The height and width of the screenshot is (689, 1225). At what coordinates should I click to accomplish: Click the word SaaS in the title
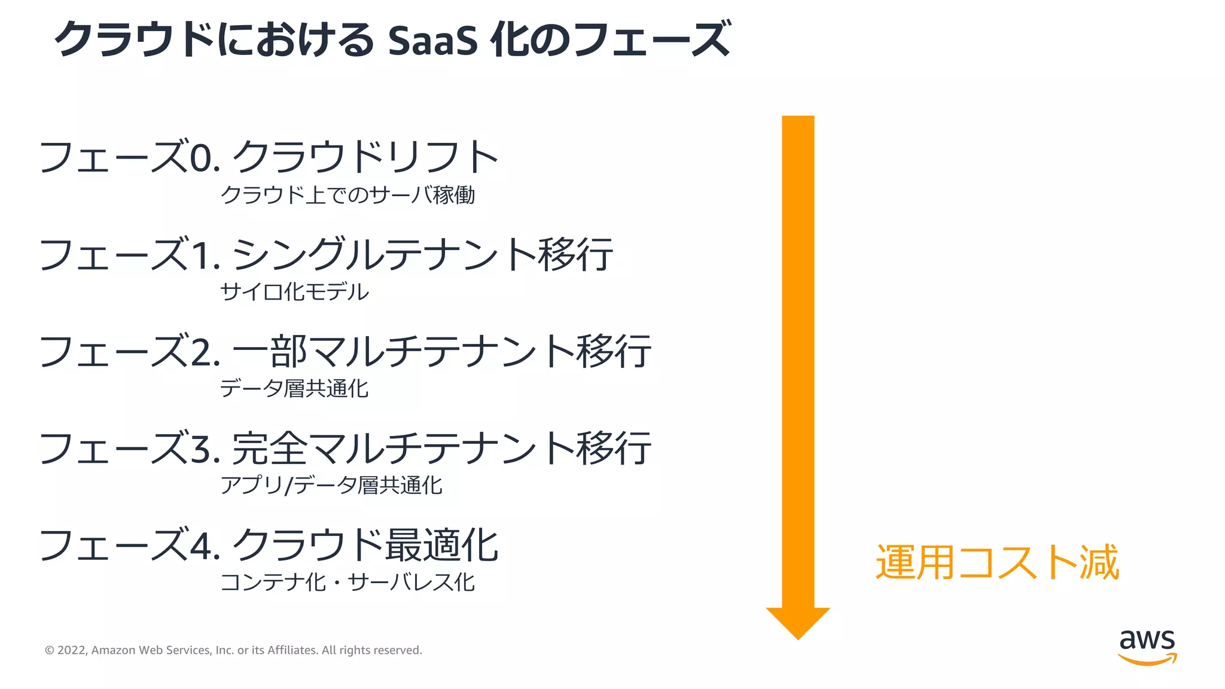[432, 40]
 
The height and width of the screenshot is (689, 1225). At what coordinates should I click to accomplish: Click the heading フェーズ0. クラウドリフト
[269, 157]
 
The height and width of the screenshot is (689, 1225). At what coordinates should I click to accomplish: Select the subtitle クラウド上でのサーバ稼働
[348, 195]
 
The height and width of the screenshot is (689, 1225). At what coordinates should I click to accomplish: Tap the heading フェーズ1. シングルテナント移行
[326, 254]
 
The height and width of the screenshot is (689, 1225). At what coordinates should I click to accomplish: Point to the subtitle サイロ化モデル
[294, 292]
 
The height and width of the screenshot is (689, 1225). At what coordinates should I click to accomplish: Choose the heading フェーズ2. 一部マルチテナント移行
[345, 351]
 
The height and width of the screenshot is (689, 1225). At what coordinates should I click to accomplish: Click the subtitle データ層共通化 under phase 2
[294, 389]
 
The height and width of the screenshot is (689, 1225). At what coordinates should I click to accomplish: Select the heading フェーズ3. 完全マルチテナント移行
[345, 448]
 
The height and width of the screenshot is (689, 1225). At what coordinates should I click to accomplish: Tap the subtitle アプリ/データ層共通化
[331, 485]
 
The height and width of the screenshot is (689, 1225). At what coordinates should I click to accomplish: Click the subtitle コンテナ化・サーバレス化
[348, 582]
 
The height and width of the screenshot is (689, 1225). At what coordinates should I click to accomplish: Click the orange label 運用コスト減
[997, 562]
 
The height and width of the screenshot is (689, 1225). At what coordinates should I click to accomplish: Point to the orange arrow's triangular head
[798, 622]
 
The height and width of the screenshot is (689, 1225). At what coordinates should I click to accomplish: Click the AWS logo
[1147, 647]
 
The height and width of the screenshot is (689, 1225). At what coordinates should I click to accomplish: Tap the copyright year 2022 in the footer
[72, 650]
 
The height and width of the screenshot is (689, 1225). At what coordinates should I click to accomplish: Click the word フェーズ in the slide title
[652, 40]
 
